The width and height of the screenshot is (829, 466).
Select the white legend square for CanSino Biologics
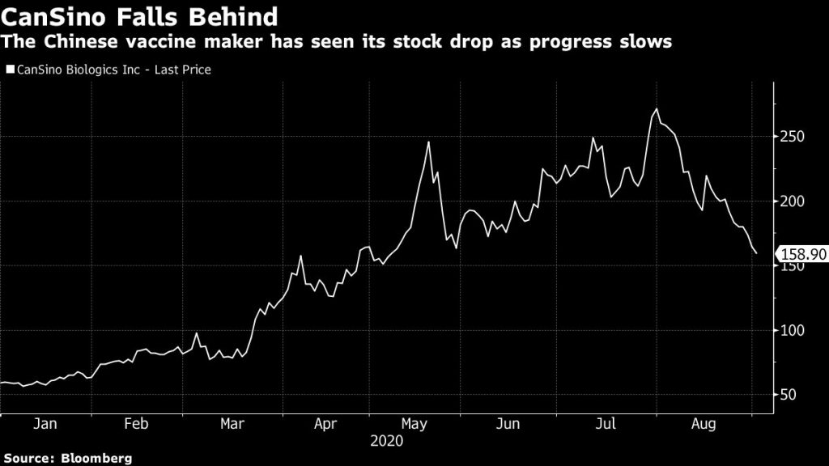click(x=10, y=70)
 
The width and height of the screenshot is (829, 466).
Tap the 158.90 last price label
click(x=801, y=254)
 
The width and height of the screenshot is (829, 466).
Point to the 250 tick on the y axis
click(x=793, y=137)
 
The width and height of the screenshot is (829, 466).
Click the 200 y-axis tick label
click(x=793, y=201)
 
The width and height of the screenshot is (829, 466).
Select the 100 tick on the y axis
click(x=793, y=331)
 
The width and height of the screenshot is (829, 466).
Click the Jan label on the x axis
click(x=46, y=424)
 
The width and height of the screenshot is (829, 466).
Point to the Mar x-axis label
click(x=232, y=424)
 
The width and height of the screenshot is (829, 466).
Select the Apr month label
click(x=325, y=424)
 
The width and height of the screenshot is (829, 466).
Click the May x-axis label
click(x=415, y=424)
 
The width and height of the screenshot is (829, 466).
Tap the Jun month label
click(x=507, y=424)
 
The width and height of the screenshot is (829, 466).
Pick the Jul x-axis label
click(x=600, y=424)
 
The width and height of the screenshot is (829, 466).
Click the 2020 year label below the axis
click(x=386, y=442)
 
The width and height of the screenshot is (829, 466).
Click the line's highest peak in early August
click(x=657, y=108)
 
